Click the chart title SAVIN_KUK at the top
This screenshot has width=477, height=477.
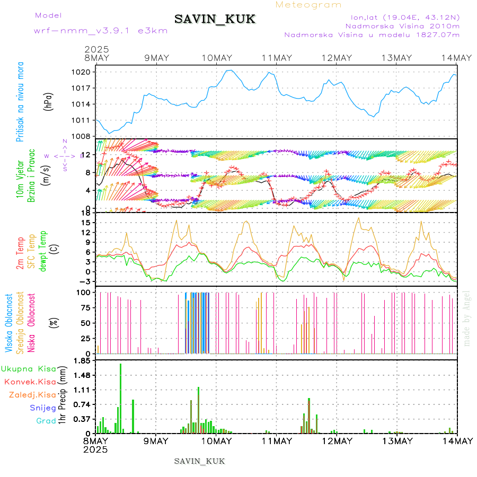pos(215,20)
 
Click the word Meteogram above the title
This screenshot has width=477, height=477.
pos(309,5)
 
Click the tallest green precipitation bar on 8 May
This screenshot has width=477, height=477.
pos(120,397)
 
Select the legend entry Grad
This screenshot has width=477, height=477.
pos(46,421)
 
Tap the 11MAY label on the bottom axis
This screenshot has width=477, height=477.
pos(275,441)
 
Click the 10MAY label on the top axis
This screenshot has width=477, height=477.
pos(216,58)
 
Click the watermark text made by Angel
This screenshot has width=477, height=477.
pos(466,318)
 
